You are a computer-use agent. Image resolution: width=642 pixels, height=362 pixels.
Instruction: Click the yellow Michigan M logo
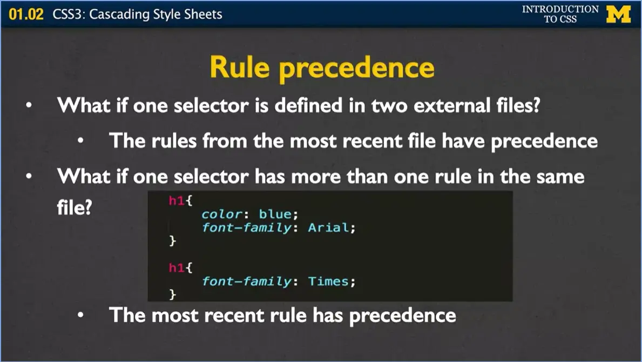pos(618,14)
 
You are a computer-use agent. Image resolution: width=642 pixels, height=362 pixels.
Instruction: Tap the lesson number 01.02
pos(25,14)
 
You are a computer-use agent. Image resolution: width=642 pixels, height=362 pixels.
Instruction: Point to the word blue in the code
pos(275,214)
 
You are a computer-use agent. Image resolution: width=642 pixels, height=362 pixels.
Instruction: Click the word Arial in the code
pos(329,227)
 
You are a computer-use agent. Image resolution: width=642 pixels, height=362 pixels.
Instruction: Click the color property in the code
pos(221,214)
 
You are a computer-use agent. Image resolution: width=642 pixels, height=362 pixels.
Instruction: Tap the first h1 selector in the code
pos(177,201)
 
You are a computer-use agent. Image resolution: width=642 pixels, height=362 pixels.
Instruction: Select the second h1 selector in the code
pos(177,267)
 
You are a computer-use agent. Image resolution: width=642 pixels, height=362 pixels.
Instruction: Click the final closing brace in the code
pos(173,294)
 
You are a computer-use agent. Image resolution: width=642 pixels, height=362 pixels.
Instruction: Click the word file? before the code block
pos(74,207)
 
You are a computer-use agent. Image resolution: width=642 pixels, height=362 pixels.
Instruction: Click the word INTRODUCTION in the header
pos(560,9)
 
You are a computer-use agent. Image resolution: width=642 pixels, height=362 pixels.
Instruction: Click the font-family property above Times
pos(247,281)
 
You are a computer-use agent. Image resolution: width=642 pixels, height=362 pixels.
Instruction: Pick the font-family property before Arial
pos(247,227)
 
